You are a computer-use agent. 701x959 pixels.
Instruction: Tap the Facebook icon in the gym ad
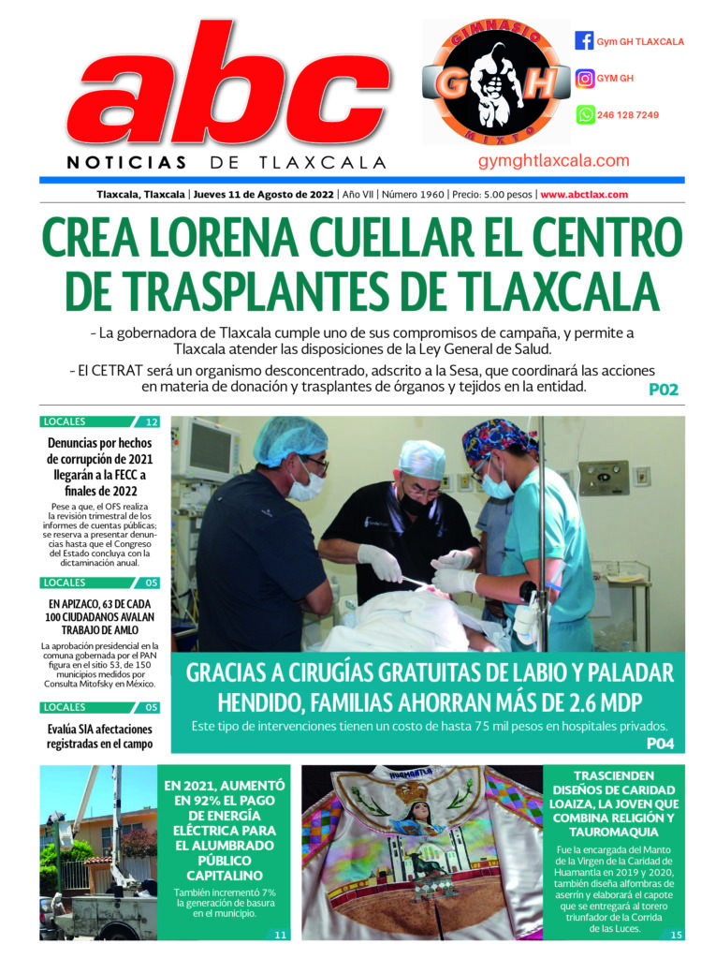(584, 41)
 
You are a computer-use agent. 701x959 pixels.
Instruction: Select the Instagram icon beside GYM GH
(584, 79)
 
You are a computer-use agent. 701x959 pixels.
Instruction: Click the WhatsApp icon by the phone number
(584, 115)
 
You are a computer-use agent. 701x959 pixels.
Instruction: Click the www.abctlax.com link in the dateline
(583, 195)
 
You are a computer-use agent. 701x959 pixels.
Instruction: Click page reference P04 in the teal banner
(660, 743)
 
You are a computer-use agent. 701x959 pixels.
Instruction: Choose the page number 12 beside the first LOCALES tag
(152, 422)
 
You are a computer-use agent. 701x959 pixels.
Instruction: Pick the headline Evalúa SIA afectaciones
(98, 736)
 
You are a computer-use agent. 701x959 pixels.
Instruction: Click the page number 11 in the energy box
(279, 934)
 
